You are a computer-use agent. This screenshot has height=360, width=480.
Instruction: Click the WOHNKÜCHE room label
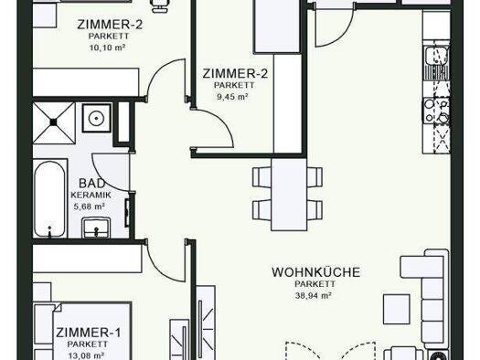click(x=316, y=272)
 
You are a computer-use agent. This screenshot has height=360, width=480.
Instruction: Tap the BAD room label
click(x=92, y=184)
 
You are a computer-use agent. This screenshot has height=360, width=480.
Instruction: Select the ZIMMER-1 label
click(x=89, y=333)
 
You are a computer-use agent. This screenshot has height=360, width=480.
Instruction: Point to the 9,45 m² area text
click(x=232, y=97)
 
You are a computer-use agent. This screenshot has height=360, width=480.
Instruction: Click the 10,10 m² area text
click(x=107, y=48)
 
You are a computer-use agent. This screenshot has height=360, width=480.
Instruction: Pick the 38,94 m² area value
click(x=314, y=296)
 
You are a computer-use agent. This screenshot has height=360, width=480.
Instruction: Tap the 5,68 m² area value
click(x=89, y=206)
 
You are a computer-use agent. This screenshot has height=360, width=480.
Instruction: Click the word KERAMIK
click(x=91, y=196)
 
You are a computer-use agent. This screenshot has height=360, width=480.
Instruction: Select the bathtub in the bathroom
click(x=49, y=198)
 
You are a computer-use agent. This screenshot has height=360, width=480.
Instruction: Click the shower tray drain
click(x=54, y=122)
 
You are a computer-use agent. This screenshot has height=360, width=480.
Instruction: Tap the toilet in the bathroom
click(x=96, y=118)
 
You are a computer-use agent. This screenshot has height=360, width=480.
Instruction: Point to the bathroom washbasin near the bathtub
click(x=96, y=228)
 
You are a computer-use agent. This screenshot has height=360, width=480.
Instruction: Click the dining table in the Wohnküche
click(x=289, y=194)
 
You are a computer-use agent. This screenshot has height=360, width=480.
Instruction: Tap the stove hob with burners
click(x=437, y=111)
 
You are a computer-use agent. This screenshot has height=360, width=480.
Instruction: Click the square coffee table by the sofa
click(x=397, y=309)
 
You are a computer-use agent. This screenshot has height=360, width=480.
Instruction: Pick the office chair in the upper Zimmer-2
click(x=160, y=5)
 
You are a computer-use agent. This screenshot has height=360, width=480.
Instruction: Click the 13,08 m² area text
click(x=86, y=355)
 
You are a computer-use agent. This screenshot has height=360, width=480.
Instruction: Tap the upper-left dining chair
click(x=262, y=177)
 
